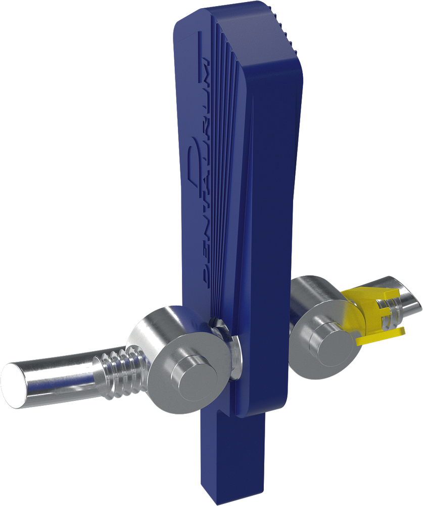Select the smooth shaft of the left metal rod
(x=55, y=375)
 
